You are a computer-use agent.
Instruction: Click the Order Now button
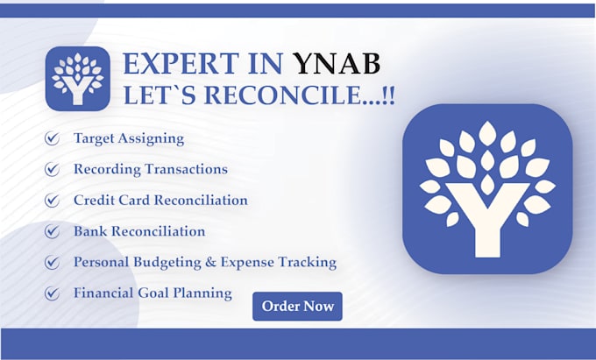(x=297, y=306)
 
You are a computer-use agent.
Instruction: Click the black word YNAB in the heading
(x=337, y=64)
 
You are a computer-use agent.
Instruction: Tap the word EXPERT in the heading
(x=181, y=64)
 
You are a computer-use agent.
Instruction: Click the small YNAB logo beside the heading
(x=77, y=79)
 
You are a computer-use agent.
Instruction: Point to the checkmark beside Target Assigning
(x=52, y=138)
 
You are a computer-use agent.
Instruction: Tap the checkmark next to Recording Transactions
(x=52, y=169)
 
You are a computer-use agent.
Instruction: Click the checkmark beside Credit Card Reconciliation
(x=52, y=200)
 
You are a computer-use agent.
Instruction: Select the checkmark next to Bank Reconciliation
(x=52, y=231)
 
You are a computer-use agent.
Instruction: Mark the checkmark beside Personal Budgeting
(x=52, y=262)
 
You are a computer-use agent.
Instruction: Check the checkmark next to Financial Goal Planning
(x=52, y=293)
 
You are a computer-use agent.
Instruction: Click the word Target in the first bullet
(x=94, y=139)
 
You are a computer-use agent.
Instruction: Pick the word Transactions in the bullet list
(x=186, y=169)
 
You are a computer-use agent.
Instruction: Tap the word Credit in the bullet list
(x=94, y=200)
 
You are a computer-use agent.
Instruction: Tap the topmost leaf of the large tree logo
(x=487, y=133)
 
